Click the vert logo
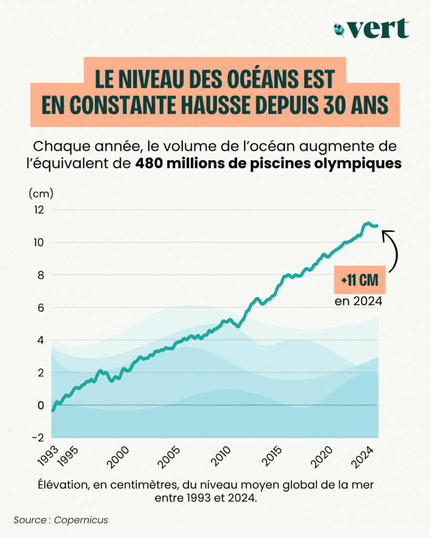point(371,28)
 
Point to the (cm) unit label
point(41,193)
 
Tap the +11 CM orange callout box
point(360,281)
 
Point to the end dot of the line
point(376,225)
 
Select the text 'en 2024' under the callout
point(359,302)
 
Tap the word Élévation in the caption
point(61,483)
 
